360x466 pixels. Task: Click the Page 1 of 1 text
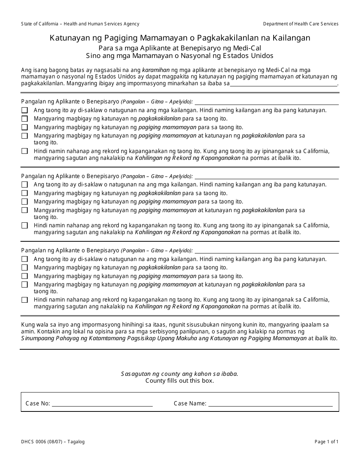pos(326,442)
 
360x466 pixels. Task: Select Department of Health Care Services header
pos(301,24)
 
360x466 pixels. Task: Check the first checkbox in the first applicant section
pos(25,110)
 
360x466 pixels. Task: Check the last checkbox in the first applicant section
pos(25,151)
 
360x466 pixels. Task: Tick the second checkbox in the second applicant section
pos(25,193)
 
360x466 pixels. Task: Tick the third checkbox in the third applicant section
pos(25,276)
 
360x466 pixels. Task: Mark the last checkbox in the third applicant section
pos(25,300)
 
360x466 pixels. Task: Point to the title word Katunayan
pos(66,38)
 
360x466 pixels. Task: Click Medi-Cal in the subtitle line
pos(247,48)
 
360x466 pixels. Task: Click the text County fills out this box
pos(180,381)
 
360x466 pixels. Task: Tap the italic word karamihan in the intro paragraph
pos(155,70)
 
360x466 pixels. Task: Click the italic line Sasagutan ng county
pos(180,374)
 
